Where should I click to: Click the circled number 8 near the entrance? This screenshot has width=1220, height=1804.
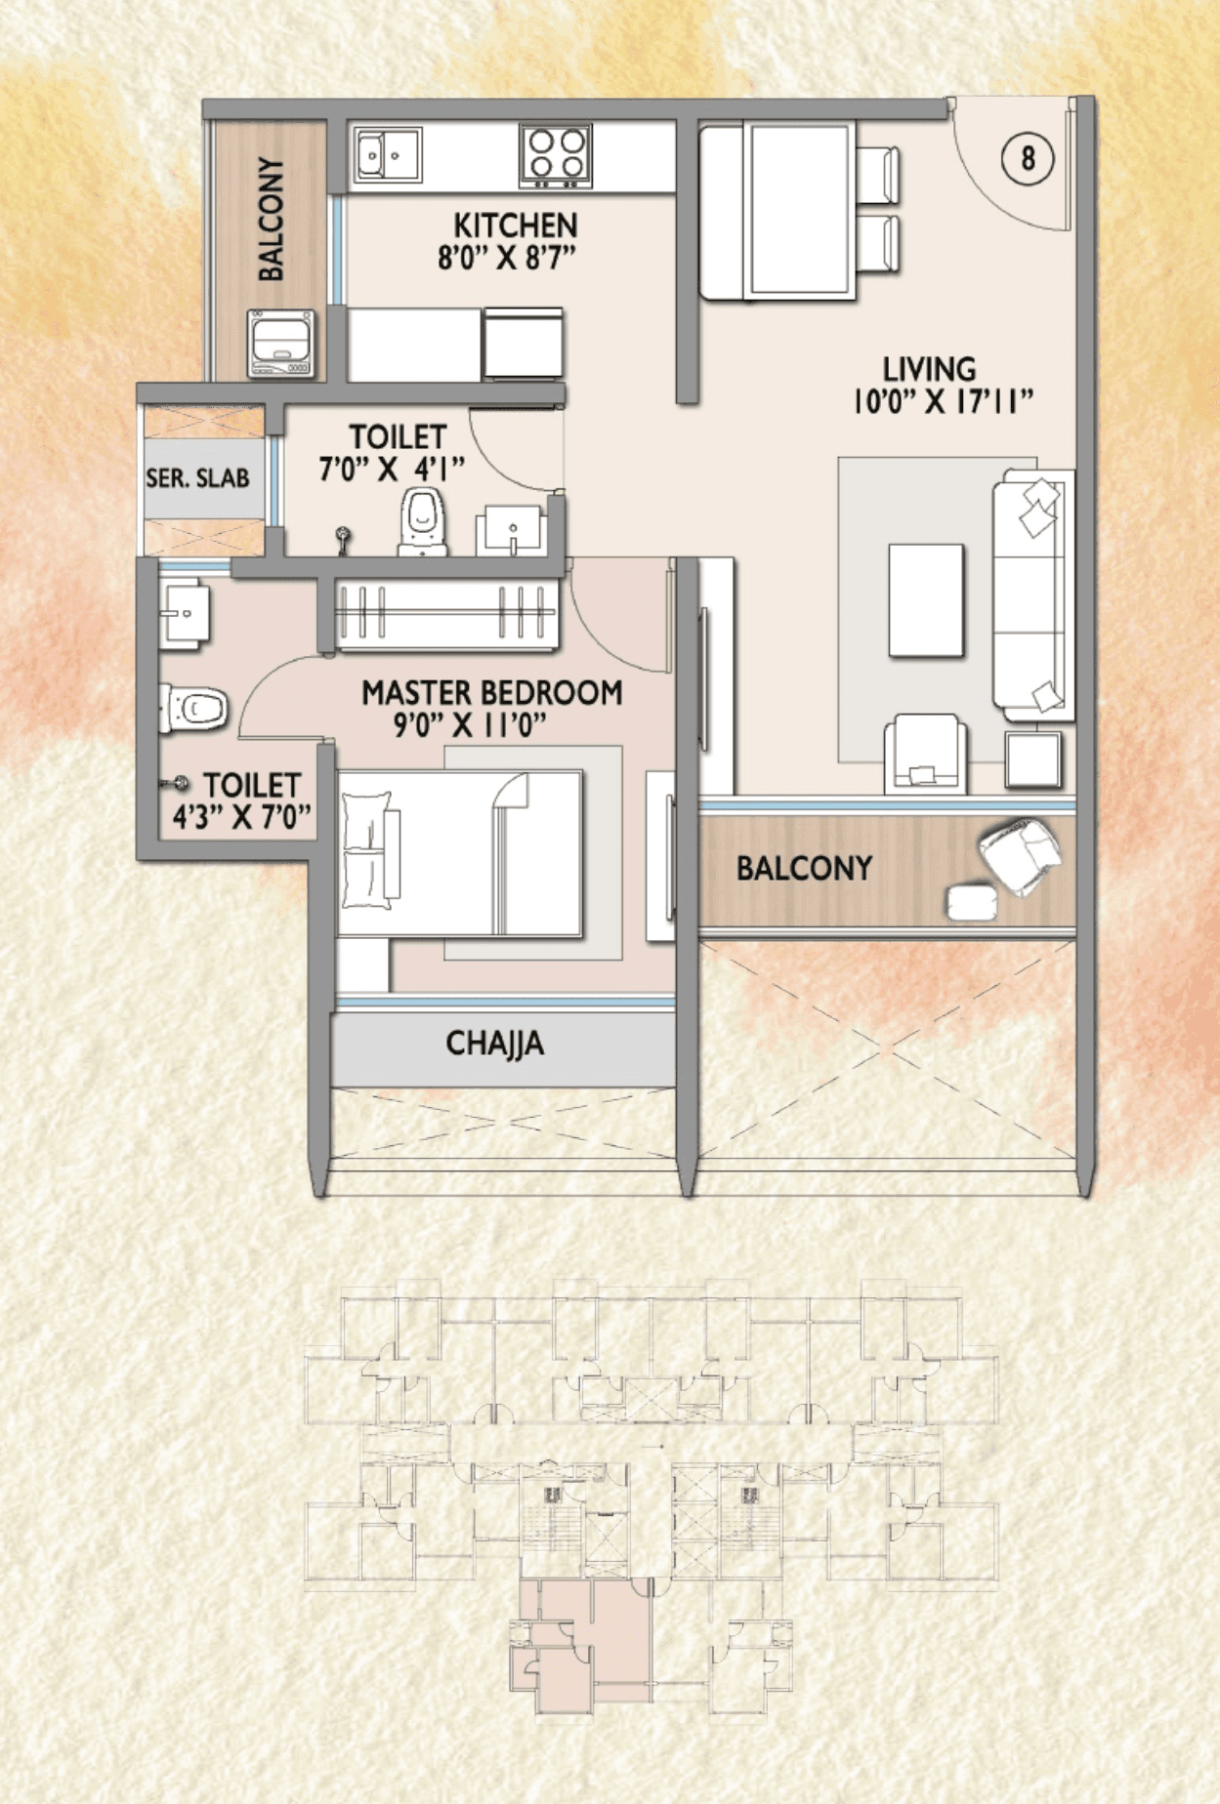pyautogui.click(x=1028, y=158)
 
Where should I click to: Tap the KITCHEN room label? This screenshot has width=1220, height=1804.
pyautogui.click(x=515, y=225)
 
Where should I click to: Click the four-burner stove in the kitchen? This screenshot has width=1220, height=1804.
pyautogui.click(x=556, y=155)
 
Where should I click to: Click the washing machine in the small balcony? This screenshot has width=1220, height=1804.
pyautogui.click(x=281, y=344)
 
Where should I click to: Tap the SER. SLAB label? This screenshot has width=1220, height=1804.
pyautogui.click(x=197, y=478)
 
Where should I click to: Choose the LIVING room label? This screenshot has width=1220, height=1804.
pyautogui.click(x=929, y=369)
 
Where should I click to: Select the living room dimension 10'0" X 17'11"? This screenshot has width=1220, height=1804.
pyautogui.click(x=943, y=401)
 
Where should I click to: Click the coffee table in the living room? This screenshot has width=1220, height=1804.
pyautogui.click(x=926, y=599)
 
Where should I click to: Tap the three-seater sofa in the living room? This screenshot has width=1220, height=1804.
pyautogui.click(x=1031, y=595)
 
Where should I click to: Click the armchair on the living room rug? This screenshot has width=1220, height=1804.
pyautogui.click(x=925, y=754)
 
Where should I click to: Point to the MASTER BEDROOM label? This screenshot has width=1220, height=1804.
pyautogui.click(x=491, y=693)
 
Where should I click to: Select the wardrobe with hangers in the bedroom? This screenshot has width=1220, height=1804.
pyautogui.click(x=446, y=614)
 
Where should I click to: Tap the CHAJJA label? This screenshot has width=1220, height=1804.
pyautogui.click(x=495, y=1044)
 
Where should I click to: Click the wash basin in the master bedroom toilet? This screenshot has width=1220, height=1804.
pyautogui.click(x=184, y=613)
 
